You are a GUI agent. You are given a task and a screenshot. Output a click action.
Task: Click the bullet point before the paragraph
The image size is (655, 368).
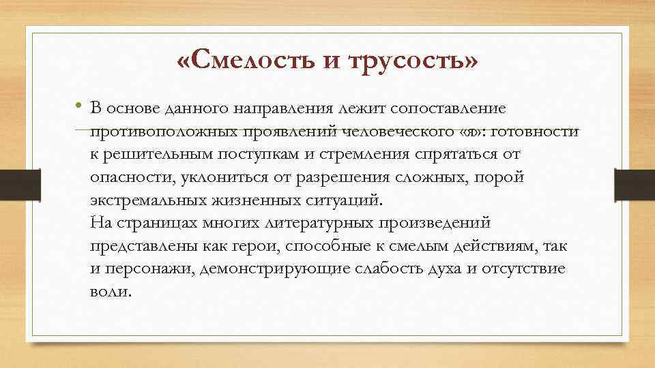click(79, 106)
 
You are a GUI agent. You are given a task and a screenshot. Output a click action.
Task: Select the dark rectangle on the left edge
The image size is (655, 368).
click(20, 184)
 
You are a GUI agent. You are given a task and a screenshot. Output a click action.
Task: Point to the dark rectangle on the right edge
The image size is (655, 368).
click(634, 184)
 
